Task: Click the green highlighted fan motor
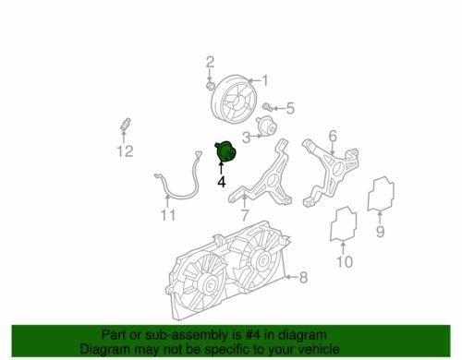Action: (x=226, y=151)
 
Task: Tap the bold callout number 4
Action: (x=222, y=182)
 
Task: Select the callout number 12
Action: (x=125, y=151)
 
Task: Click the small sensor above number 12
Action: (x=126, y=124)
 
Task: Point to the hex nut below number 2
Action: (x=211, y=85)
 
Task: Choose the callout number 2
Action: (x=210, y=62)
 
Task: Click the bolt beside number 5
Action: (x=268, y=107)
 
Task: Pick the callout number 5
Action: (x=290, y=108)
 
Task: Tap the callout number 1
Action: (x=264, y=80)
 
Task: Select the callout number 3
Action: (x=247, y=138)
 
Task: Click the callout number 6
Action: (x=333, y=136)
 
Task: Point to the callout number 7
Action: (x=245, y=215)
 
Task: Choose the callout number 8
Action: (x=303, y=278)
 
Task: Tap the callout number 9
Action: (x=381, y=232)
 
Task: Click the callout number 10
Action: (x=345, y=262)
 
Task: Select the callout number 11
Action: (x=168, y=215)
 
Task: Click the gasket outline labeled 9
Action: (x=381, y=194)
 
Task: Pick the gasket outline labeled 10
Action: (x=343, y=224)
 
